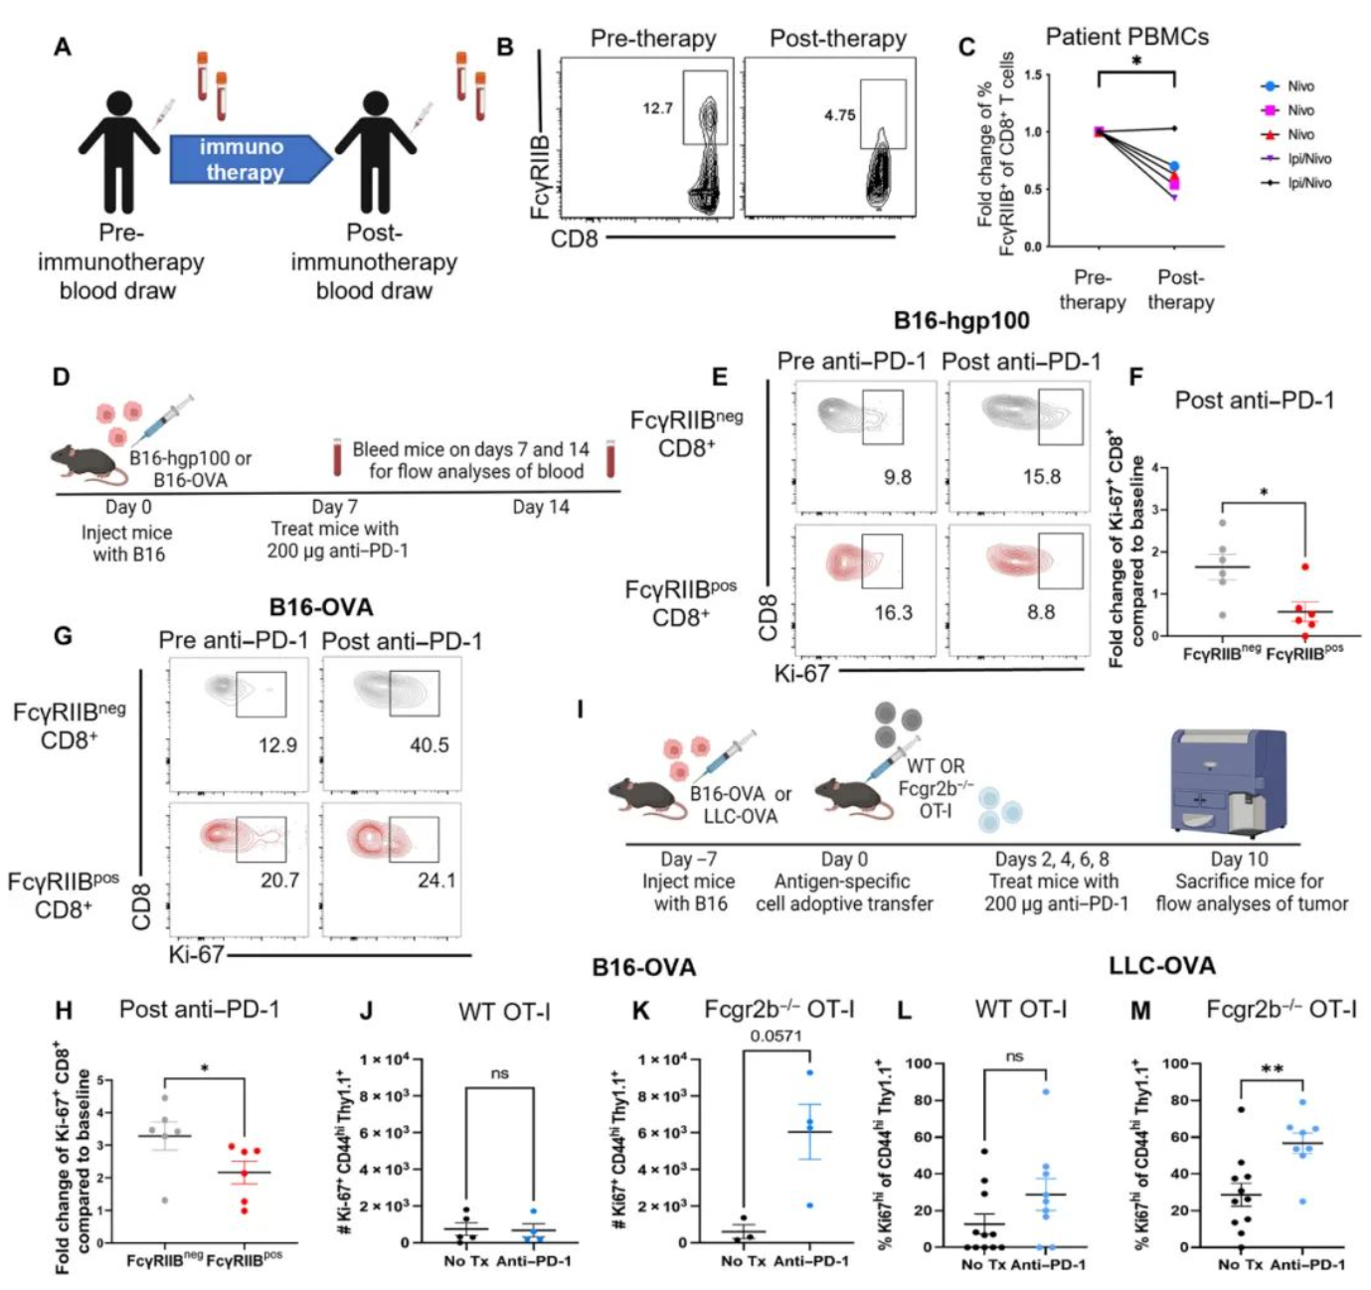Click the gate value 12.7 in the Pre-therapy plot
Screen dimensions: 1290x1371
click(x=657, y=108)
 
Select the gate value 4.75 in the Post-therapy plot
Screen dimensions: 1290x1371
click(x=839, y=115)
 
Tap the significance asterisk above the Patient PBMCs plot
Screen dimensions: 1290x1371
click(x=1136, y=62)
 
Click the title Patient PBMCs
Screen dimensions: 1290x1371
click(x=1126, y=37)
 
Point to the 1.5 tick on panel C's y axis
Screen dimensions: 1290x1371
click(x=1032, y=76)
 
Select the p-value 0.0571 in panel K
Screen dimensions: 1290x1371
click(x=776, y=1036)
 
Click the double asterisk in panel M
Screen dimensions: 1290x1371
click(x=1272, y=1069)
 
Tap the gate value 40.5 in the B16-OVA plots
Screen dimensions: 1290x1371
click(x=429, y=744)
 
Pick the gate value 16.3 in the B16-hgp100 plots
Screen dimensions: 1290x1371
click(x=893, y=612)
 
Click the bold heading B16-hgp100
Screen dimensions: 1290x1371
click(x=960, y=320)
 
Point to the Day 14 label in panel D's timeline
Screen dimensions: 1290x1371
click(x=541, y=507)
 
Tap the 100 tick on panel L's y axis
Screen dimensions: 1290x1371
click(x=918, y=1063)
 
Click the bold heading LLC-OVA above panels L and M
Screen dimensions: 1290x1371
click(x=1161, y=965)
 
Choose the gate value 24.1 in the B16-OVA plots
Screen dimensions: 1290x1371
click(x=436, y=880)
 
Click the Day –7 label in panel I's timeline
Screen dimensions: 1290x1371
click(x=689, y=859)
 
